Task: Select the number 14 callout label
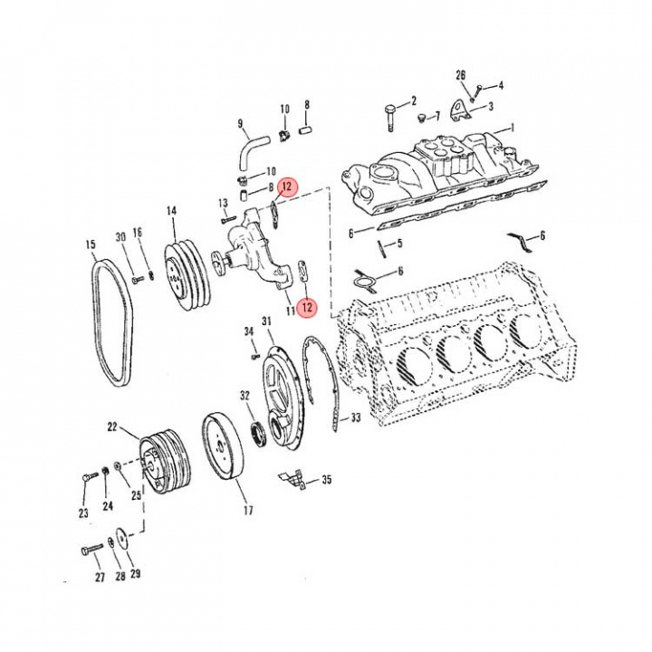pos(170,212)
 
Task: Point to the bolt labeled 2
pos(390,112)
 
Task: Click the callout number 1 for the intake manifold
pos(512,128)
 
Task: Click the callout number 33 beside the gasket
pos(356,417)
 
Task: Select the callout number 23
pos(83,513)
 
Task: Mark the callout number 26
pos(460,75)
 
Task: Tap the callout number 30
pos(120,238)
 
